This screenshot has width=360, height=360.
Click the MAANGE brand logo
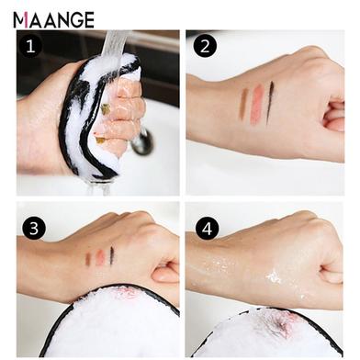tap(53, 20)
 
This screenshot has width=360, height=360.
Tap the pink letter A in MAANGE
tap(26, 20)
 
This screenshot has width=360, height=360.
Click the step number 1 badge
tap(30, 47)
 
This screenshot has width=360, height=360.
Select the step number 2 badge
tap(205, 46)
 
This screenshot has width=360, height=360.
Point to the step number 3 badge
tap(34, 228)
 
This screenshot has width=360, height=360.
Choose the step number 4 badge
tap(208, 228)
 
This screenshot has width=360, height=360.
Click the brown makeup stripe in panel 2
tap(243, 104)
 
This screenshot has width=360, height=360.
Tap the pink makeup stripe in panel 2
tap(257, 105)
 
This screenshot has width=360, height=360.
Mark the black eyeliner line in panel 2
tap(270, 103)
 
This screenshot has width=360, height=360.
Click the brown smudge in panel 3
tap(88, 258)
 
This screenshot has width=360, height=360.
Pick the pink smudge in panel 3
tap(100, 256)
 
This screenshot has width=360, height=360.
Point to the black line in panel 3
tap(112, 255)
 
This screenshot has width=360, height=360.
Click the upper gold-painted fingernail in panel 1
tap(106, 109)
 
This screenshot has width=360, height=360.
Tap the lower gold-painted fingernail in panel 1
tap(99, 140)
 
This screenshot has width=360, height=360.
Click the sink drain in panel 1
tap(141, 141)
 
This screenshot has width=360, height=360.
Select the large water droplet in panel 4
tap(273, 276)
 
